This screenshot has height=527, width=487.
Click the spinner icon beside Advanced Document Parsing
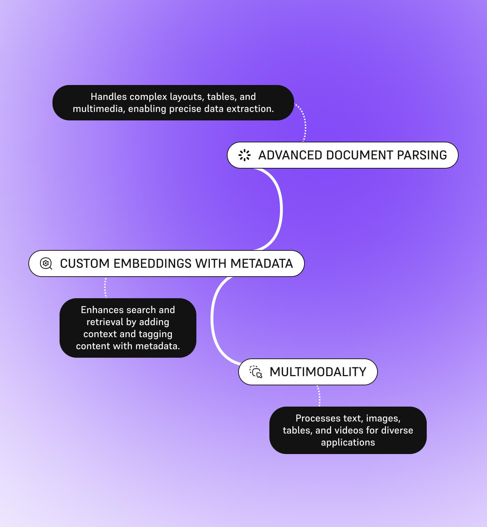tap(245, 155)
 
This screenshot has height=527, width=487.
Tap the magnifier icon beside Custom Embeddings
tap(46, 263)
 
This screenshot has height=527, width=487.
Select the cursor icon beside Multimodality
tap(256, 372)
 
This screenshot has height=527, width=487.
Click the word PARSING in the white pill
tap(422, 155)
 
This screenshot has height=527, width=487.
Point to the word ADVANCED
tap(290, 155)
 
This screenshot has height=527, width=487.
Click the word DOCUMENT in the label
tap(360, 155)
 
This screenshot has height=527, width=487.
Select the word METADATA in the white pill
tap(262, 263)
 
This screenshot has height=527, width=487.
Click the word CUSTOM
tap(85, 263)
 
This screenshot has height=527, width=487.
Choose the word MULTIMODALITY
tap(318, 372)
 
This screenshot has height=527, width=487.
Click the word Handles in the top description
tap(109, 97)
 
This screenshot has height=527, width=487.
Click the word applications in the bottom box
tap(348, 442)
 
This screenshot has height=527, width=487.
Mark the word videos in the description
tap(348, 430)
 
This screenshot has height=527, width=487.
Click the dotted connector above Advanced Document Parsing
tap(303, 122)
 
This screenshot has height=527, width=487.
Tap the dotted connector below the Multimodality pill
tap(319, 396)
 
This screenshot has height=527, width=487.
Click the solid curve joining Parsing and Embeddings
tap(281, 209)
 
